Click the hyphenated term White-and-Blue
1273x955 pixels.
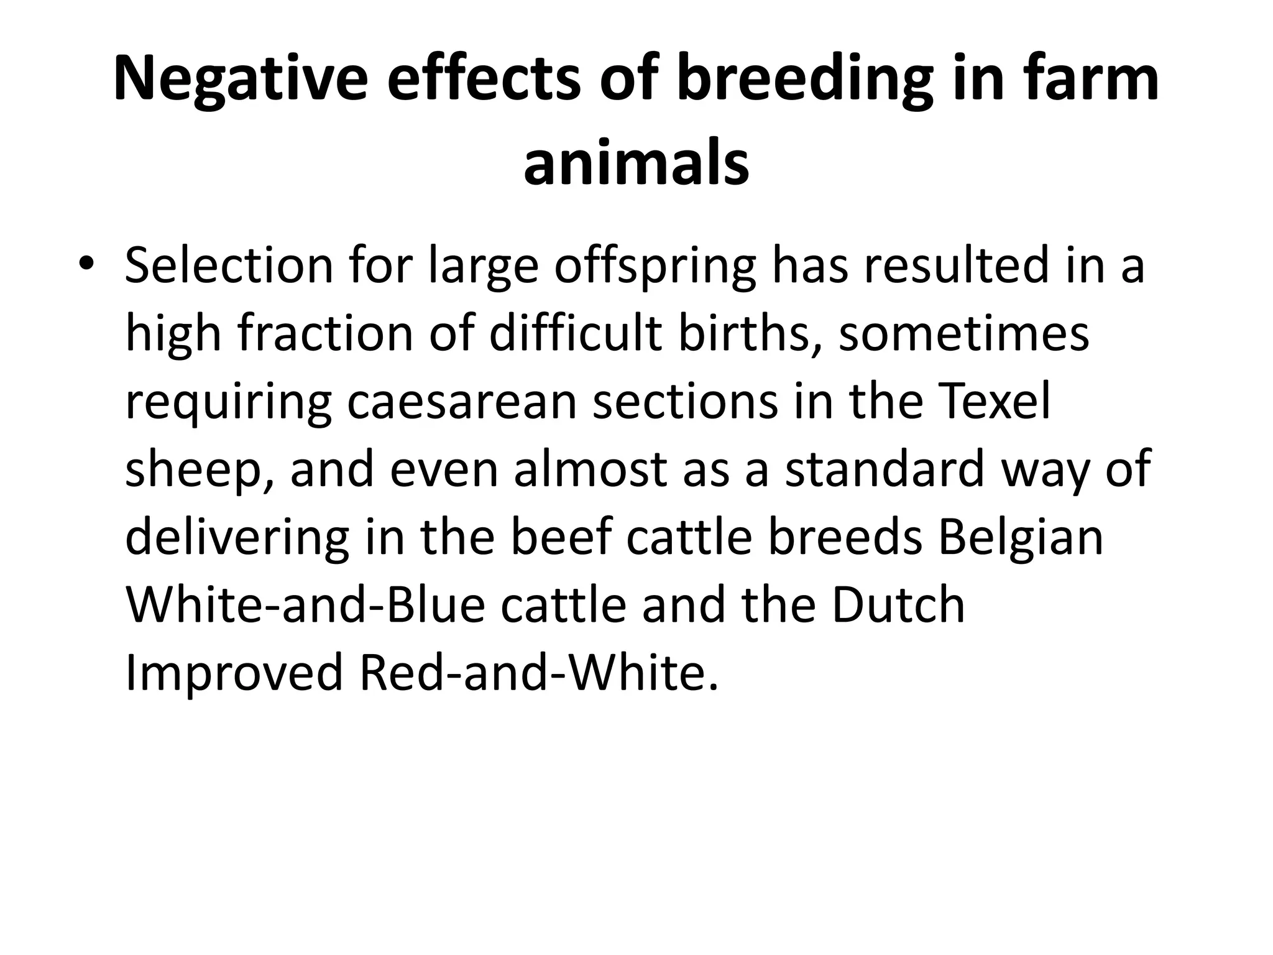pos(305,605)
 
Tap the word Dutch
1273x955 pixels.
pos(898,605)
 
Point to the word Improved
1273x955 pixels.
pos(234,673)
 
